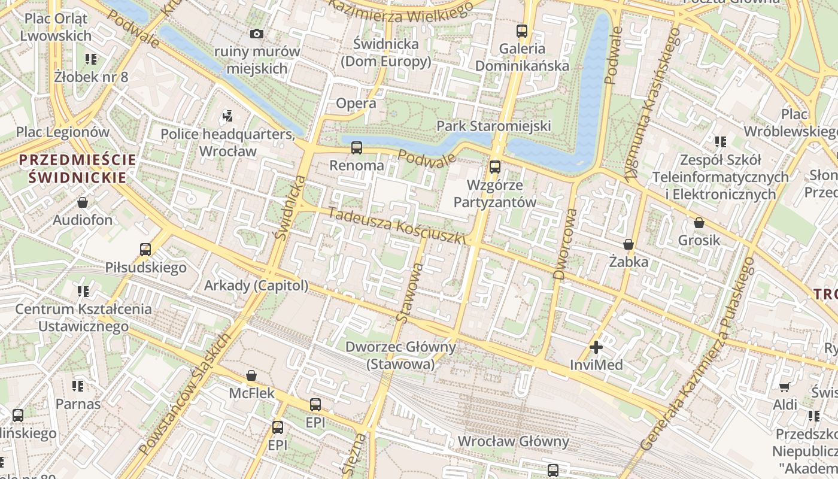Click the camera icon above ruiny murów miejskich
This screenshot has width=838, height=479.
pos(257,34)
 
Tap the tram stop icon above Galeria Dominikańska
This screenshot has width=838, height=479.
pos(522,31)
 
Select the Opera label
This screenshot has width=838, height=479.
pos(356,103)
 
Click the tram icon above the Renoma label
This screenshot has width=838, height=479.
pos(357,147)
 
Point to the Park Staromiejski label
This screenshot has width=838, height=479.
pos(493,126)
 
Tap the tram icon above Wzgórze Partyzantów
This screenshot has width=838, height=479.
pos(494,166)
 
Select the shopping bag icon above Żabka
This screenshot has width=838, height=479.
pos(628,244)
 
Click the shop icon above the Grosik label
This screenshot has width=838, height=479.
pos(699,223)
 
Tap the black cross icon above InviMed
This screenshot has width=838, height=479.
pos(596,347)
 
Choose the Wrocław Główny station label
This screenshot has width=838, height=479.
pos(513,441)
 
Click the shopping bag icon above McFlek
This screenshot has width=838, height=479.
pos(251,375)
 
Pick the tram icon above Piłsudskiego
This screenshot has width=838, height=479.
pos(145,249)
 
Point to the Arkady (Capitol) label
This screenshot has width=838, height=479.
pos(256,286)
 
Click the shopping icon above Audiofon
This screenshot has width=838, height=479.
pos(83,202)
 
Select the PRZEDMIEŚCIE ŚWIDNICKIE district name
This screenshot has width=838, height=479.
pos(77,168)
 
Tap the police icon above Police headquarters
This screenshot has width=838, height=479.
pos(227,114)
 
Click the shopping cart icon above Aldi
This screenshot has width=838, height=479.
pos(785,387)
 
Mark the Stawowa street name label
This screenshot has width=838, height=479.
pos(410,293)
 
